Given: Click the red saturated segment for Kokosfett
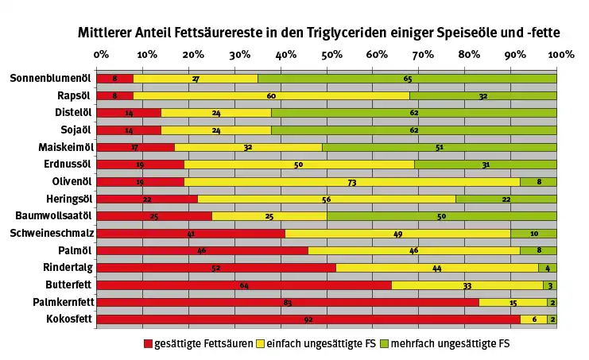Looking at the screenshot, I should pos(308,319).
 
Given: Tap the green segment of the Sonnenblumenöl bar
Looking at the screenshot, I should pos(407,79).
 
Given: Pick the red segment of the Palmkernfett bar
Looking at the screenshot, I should pos(288,302).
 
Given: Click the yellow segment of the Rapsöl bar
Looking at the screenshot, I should pos(271,95).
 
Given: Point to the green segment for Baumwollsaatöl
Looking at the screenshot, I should pos(441,216).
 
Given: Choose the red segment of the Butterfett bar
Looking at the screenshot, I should pos(244,285).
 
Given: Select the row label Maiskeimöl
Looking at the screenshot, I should pos(64,147).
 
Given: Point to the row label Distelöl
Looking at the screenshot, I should pos(70,112).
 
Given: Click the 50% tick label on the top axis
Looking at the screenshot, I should pos(331,55).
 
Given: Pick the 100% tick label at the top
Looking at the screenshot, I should pos(560,55).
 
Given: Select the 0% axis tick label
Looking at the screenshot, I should pos(101,55).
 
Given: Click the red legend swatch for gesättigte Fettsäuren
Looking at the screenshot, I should pos(147,344).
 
